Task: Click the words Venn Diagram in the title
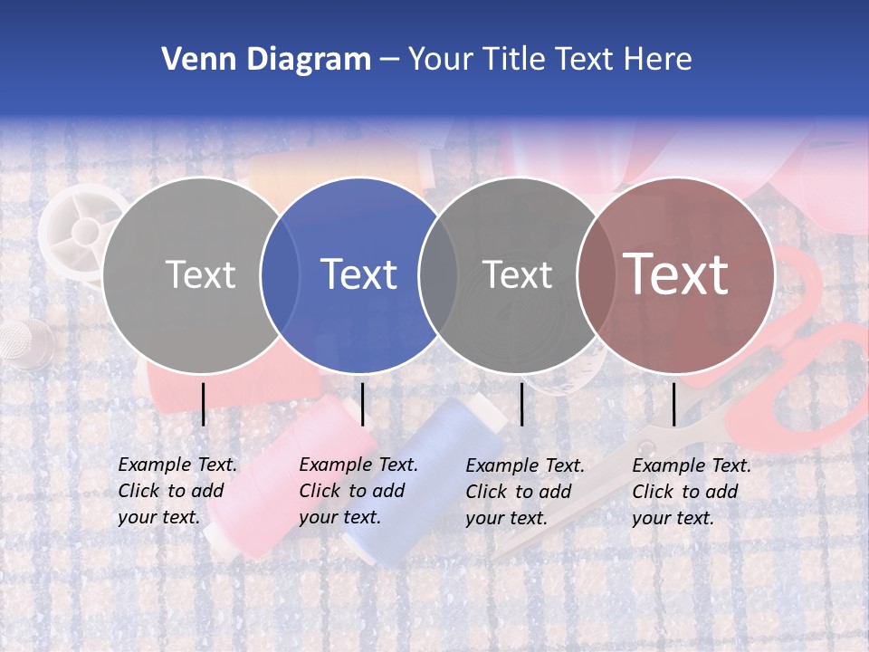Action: [266, 60]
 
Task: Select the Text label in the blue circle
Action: [359, 274]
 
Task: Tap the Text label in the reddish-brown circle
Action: [676, 274]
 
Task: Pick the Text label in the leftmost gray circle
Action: [200, 274]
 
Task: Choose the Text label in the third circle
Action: [517, 274]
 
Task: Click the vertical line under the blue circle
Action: [362, 404]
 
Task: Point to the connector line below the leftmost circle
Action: [204, 404]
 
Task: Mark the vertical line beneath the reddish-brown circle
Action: [673, 404]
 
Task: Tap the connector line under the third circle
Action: [521, 404]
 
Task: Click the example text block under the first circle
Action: [177, 491]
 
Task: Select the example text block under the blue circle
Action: [358, 491]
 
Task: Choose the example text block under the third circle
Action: [525, 492]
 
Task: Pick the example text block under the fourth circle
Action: [692, 492]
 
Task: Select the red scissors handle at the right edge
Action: [815, 362]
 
